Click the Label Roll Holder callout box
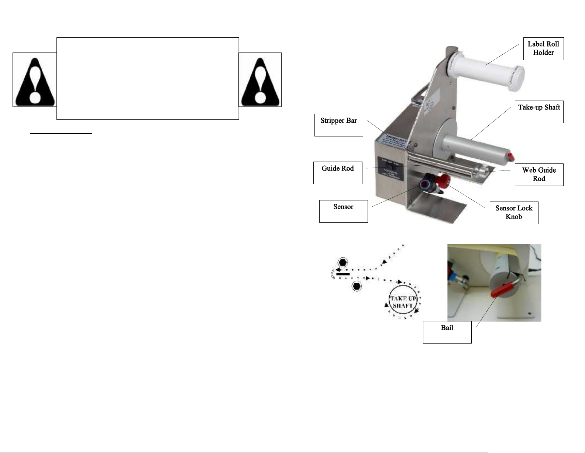[543, 48]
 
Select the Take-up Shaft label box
[539, 112]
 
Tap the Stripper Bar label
[338, 125]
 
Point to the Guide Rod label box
[337, 173]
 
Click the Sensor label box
[343, 211]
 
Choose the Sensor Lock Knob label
[514, 213]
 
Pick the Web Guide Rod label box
[539, 175]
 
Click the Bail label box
[447, 332]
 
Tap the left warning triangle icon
[35, 80]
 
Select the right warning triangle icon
[260, 80]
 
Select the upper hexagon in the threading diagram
[343, 263]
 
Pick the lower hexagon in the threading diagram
[356, 287]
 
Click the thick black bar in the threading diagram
[343, 274]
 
